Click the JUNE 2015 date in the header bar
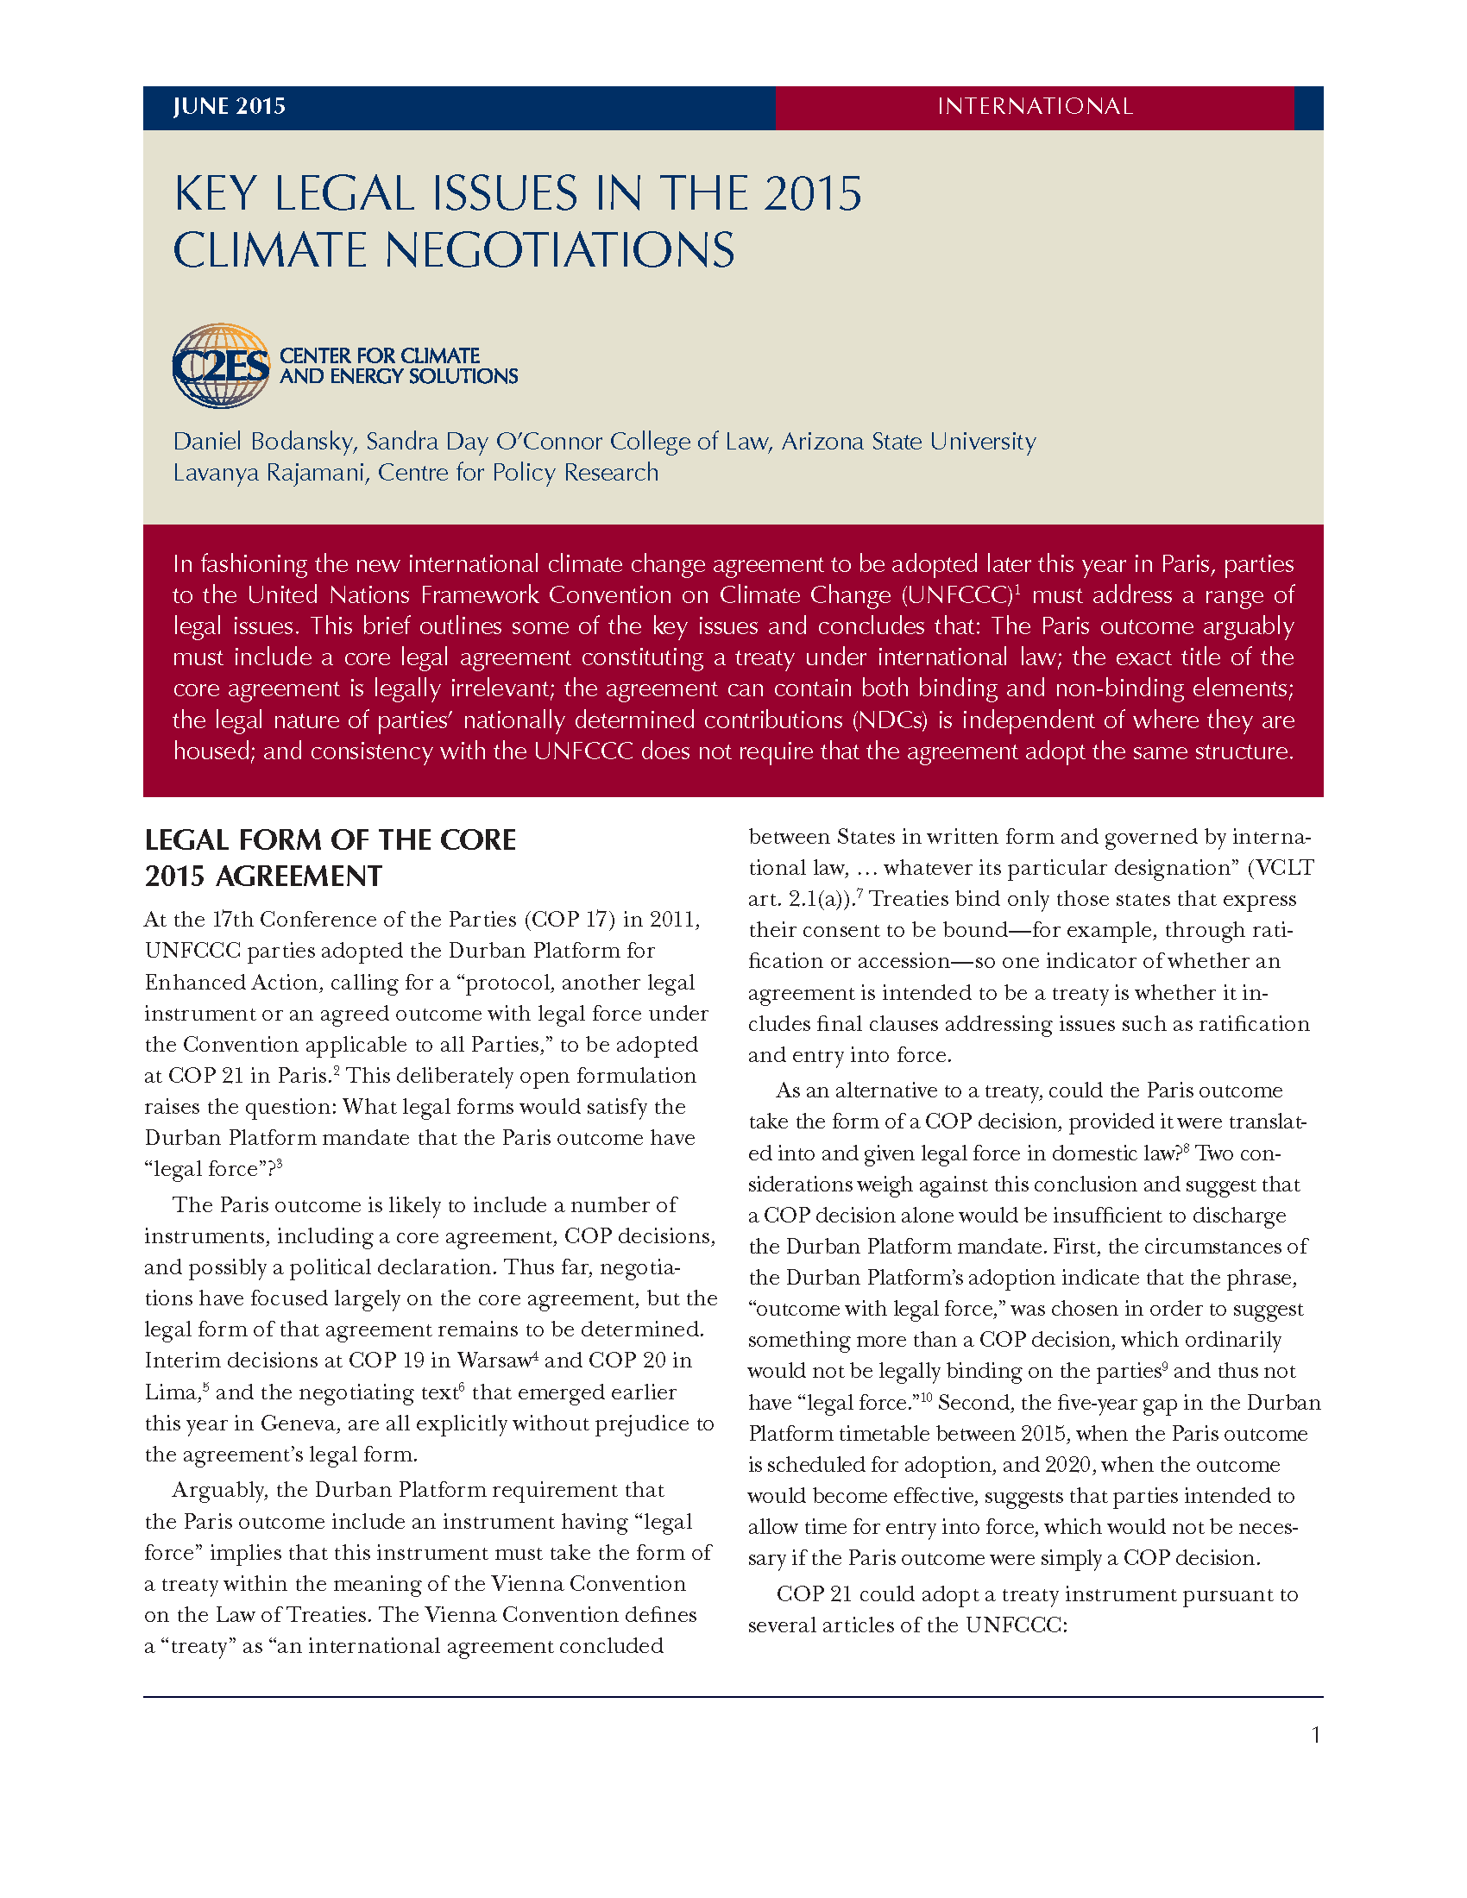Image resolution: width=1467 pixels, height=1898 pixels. [x=230, y=106]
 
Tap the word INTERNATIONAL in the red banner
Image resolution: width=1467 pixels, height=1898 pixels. [x=1034, y=106]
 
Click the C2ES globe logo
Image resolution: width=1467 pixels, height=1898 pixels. [x=221, y=366]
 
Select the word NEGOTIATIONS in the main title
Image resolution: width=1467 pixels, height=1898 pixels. [x=560, y=250]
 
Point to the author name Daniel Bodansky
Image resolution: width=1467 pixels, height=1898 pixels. [x=263, y=442]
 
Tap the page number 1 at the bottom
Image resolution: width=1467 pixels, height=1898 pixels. [x=1316, y=1736]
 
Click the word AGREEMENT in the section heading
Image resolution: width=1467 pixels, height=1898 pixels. [x=298, y=876]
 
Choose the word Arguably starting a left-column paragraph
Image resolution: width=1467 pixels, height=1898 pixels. [x=219, y=1490]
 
